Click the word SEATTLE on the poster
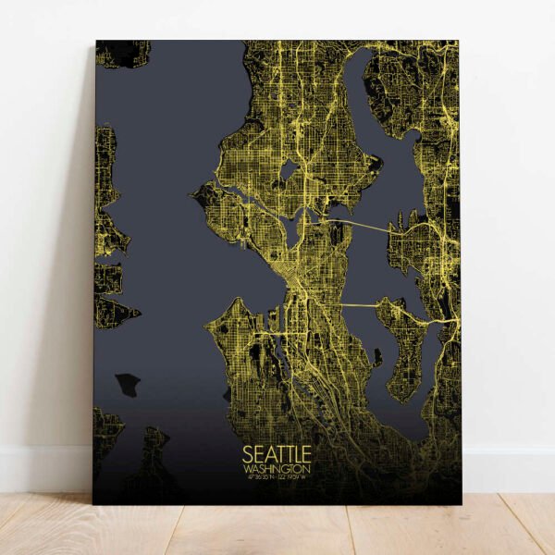[277, 455]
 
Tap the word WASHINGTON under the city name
[277, 470]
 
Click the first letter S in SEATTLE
[247, 455]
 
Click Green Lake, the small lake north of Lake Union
[288, 171]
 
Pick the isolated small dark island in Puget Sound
[126, 383]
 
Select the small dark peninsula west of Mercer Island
[376, 357]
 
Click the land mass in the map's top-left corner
[120, 53]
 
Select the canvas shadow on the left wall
[79, 277]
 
